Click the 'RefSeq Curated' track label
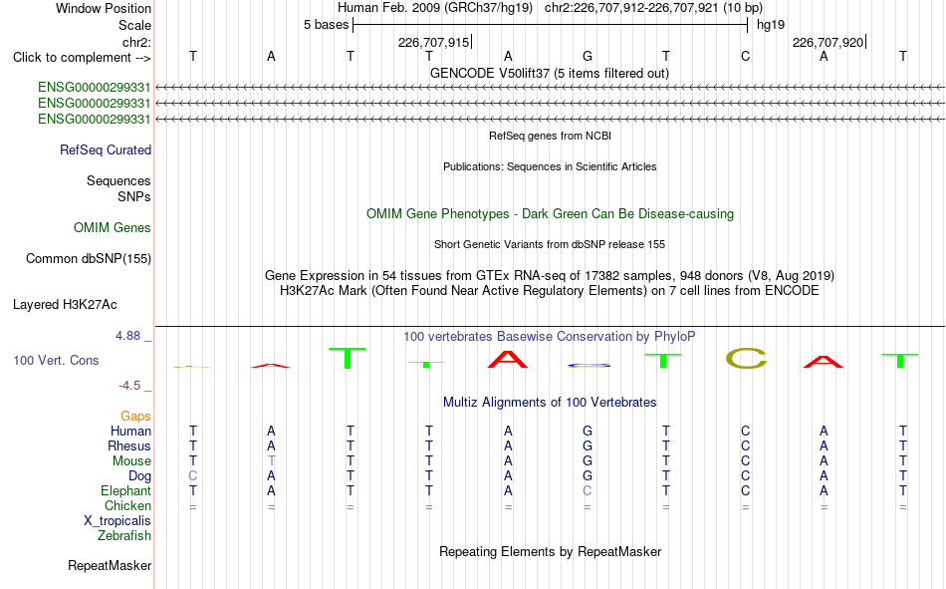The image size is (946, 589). tap(106, 149)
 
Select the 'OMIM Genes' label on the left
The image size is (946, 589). tap(113, 228)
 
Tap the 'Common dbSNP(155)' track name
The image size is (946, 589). tap(89, 258)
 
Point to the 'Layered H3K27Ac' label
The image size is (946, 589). tap(65, 305)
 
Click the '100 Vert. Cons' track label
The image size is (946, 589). tap(56, 360)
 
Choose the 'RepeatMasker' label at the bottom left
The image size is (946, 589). tap(110, 565)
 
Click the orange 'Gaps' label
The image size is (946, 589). tap(135, 417)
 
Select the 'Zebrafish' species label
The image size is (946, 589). tap(124, 536)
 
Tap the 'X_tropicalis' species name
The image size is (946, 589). tap(118, 521)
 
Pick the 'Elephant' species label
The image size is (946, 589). tap(125, 490)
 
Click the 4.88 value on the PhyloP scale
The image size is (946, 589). tap(127, 336)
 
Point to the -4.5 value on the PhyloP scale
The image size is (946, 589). tap(129, 386)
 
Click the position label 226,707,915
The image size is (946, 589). tap(433, 42)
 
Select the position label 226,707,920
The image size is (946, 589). tap(828, 42)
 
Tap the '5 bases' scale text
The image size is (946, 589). tap(326, 25)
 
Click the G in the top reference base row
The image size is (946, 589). tap(588, 56)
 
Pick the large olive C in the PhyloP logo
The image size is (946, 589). tap(746, 358)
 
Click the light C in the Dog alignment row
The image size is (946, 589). tap(193, 476)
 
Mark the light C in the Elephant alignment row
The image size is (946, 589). tap(588, 491)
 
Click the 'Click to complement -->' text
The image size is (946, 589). tap(82, 58)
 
